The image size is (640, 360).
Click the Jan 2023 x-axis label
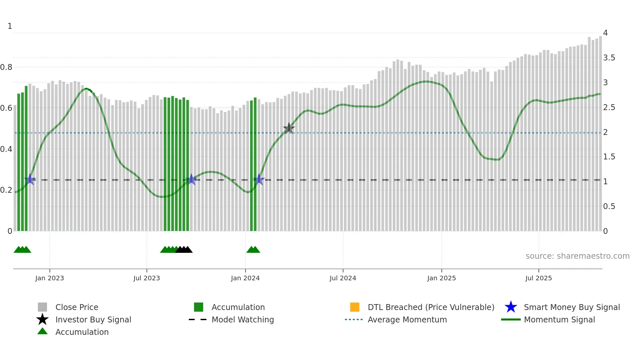50,278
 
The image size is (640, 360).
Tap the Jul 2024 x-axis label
343,278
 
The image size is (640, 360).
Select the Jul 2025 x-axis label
538,278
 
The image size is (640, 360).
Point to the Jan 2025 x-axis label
441,278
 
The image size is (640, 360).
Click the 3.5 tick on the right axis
609,58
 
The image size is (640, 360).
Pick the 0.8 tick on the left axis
7,67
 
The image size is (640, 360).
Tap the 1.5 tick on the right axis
609,157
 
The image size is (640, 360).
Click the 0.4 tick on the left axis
7,149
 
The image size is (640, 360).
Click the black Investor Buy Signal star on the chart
289,128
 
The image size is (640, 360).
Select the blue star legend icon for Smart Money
511,307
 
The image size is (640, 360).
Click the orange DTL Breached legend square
355,307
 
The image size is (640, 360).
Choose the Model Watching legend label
243,319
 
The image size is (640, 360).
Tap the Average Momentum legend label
407,319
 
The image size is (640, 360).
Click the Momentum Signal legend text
559,319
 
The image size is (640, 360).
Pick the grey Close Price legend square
42,307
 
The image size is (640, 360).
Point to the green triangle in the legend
42,331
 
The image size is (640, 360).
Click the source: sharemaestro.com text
577,256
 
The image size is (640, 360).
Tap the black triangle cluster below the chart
184,250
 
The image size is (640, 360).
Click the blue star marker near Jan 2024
259,179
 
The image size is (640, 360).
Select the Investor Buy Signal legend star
42,319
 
